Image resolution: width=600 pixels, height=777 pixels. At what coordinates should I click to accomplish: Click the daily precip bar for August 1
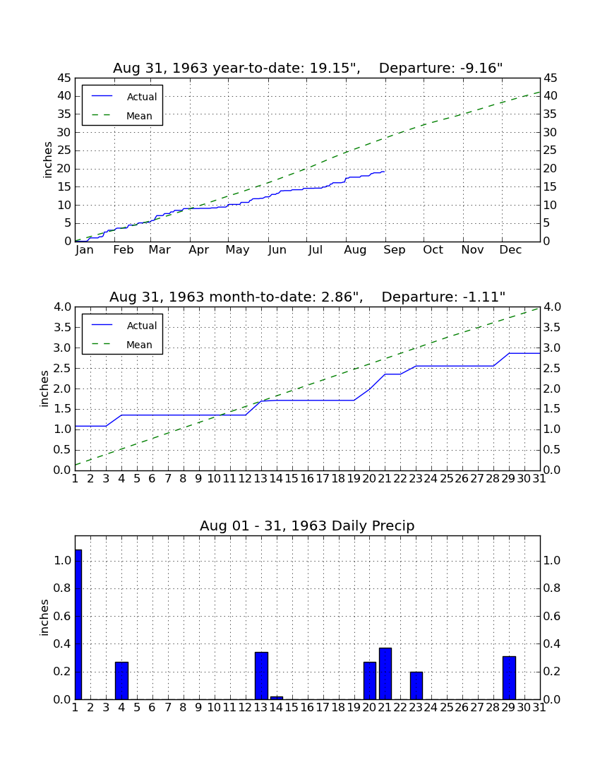(x=78, y=624)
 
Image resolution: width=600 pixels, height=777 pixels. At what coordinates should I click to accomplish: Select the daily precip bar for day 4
(x=122, y=680)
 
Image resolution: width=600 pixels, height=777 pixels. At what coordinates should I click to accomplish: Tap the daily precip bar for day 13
(x=261, y=675)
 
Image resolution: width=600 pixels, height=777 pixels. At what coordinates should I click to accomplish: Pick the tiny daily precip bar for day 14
(x=277, y=698)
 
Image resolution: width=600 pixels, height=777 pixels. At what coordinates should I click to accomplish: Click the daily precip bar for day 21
(x=385, y=673)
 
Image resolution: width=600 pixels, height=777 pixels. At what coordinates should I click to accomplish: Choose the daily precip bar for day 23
(x=416, y=685)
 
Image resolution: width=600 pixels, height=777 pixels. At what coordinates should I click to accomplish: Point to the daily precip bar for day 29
(x=510, y=678)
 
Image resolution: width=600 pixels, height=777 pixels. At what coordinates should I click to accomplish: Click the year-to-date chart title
(x=308, y=68)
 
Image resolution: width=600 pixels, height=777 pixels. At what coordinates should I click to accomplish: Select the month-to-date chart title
(x=308, y=297)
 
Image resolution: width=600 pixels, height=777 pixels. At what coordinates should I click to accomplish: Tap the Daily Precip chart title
(x=308, y=526)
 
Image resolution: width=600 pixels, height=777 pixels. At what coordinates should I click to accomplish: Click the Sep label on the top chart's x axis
(x=395, y=250)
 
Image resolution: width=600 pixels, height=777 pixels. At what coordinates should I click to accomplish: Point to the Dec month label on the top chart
(x=510, y=250)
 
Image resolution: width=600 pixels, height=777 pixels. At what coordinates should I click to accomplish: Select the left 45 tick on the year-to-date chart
(x=64, y=78)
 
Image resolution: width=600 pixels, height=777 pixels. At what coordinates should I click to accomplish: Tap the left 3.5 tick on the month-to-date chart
(x=63, y=328)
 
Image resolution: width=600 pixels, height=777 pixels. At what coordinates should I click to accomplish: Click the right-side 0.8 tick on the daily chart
(x=552, y=588)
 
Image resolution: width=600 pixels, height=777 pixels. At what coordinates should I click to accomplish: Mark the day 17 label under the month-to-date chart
(x=323, y=479)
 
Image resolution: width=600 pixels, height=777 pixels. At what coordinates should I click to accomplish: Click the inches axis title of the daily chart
(x=44, y=617)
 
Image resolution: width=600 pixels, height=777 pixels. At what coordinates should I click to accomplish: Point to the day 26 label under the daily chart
(x=462, y=708)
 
